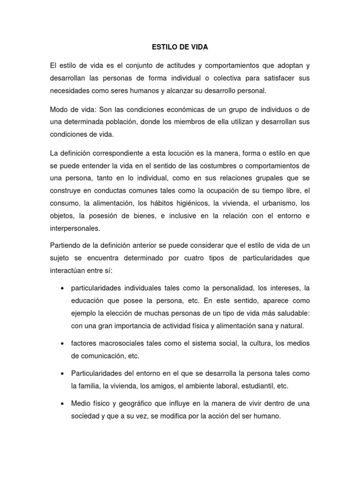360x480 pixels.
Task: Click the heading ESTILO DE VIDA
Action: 180,47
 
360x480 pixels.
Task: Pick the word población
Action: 129,121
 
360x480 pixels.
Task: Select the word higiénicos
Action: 188,203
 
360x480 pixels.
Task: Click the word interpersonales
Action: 75,229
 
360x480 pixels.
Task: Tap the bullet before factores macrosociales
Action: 62,344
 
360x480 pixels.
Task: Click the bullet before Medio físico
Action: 62,404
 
